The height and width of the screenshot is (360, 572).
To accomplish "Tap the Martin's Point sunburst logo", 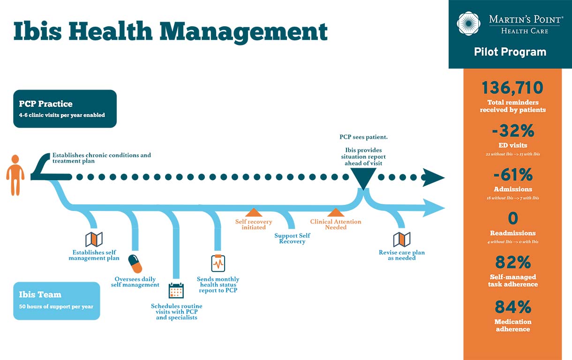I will tap(468, 23).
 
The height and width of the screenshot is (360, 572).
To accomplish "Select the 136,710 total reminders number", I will tap(512, 88).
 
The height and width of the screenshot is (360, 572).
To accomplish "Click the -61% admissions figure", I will tap(512, 175).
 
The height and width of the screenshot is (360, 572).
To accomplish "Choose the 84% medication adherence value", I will tap(512, 307).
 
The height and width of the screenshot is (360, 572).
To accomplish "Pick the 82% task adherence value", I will tap(512, 262).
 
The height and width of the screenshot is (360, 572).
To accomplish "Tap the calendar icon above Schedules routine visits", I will tap(176, 291).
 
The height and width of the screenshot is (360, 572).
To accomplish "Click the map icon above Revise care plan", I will tap(402, 240).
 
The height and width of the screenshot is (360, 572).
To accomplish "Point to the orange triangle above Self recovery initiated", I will tap(253, 212).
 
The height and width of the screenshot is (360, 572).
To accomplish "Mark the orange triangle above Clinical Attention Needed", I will tap(336, 213).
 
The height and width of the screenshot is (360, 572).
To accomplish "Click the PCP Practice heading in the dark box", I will tap(46, 104).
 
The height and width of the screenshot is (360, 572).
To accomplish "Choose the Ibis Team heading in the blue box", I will tap(40, 295).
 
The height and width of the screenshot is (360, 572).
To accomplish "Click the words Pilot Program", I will tap(510, 52).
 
